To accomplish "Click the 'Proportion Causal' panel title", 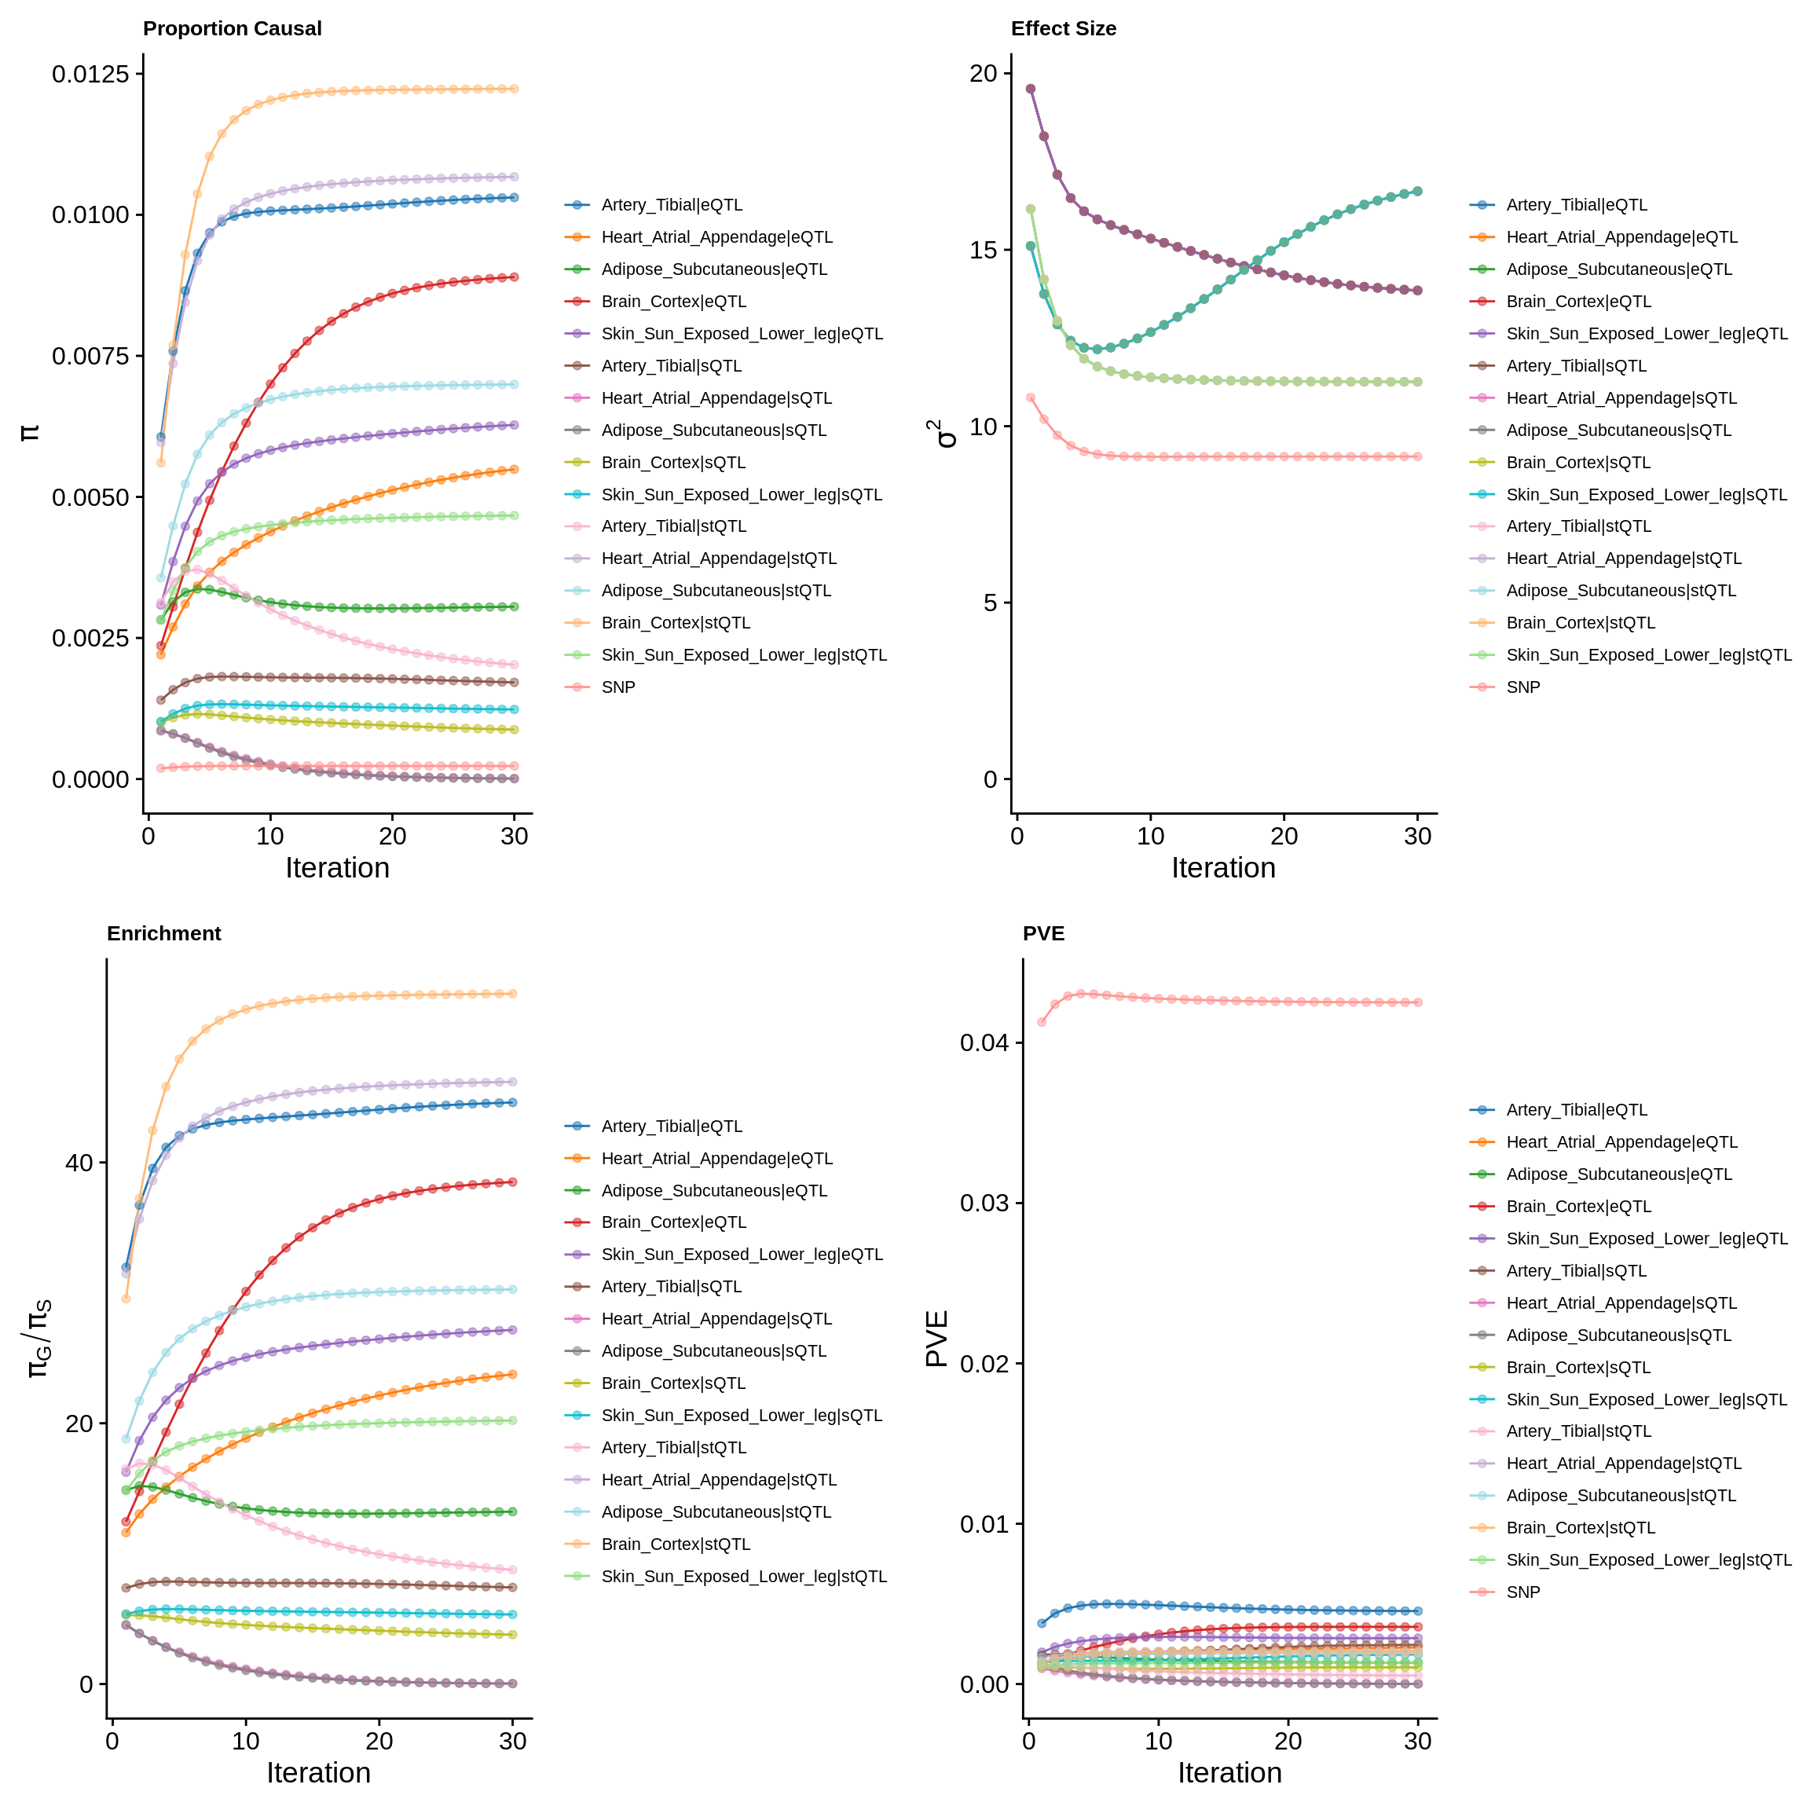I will [232, 29].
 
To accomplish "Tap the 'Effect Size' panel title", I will [1064, 29].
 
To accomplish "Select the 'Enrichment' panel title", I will [164, 933].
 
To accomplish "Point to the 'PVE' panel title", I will [1043, 933].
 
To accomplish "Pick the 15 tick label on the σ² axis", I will [984, 250].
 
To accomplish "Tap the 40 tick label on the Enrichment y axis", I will [79, 1163].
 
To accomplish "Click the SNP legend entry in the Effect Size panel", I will [1523, 687].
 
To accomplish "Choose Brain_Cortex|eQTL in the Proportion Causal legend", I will [673, 302].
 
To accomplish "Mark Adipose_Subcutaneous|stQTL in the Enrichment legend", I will [716, 1512].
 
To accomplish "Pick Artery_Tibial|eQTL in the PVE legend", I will [1577, 1110].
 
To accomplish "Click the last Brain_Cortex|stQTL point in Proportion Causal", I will [515, 89].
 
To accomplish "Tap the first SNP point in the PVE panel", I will [1042, 1022].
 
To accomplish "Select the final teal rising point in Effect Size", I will [1417, 191].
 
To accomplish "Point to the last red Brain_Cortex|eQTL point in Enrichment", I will [512, 1182].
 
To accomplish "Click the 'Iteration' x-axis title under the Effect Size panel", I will [1223, 868].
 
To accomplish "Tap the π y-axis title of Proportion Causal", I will [30, 433].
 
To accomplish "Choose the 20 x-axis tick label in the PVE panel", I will [1288, 1742].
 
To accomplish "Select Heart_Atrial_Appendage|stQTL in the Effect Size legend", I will [1624, 559].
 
